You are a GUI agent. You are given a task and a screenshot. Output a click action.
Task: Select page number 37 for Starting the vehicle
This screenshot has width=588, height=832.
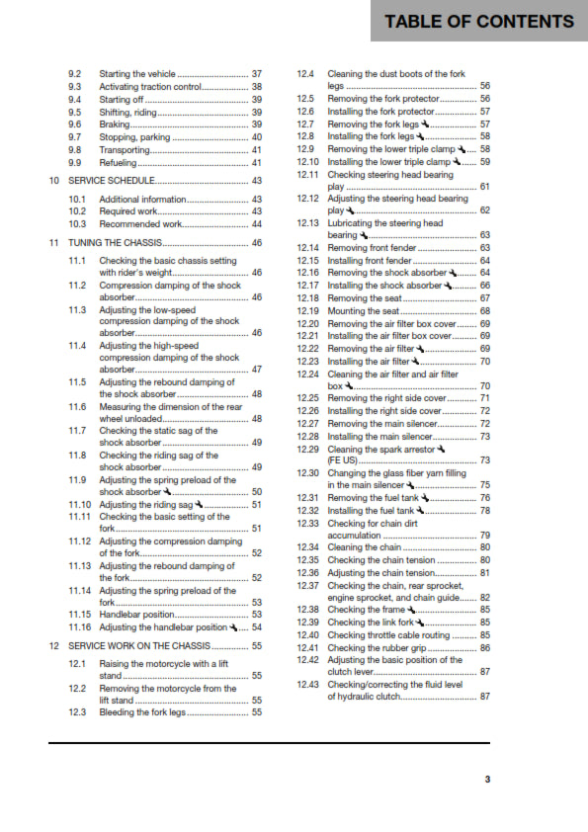point(257,74)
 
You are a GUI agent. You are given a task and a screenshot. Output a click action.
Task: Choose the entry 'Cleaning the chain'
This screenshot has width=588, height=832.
point(364,547)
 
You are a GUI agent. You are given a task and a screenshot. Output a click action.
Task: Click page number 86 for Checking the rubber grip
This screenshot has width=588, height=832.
point(485,647)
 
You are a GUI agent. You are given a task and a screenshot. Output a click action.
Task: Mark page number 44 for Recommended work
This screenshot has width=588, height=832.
point(257,224)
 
